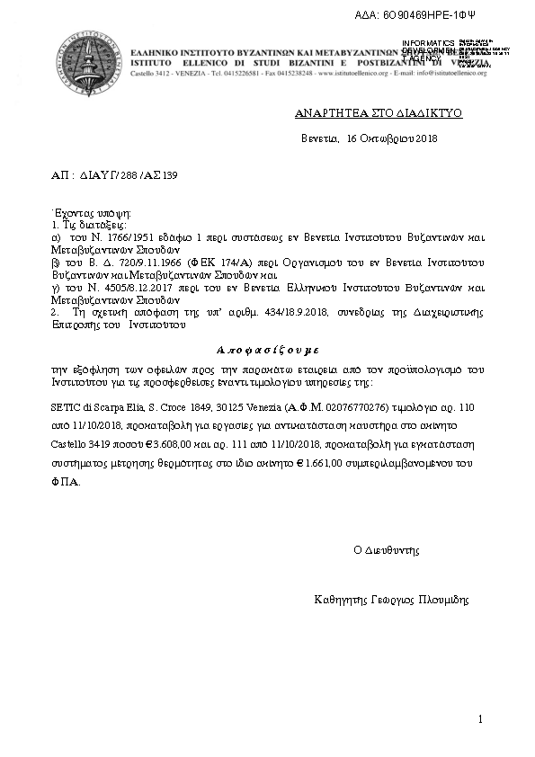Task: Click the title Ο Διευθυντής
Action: pos(387,548)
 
